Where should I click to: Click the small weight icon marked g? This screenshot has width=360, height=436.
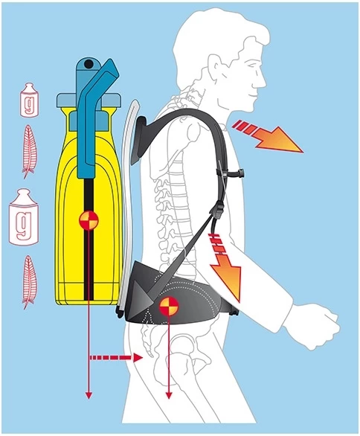point(29,99)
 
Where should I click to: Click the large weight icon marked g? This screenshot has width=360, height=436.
point(24,217)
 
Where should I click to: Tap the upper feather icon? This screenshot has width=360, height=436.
point(29,151)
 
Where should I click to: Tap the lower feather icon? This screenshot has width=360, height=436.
point(29,282)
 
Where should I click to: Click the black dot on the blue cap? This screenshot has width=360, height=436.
point(89,64)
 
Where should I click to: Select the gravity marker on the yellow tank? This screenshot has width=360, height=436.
point(89,221)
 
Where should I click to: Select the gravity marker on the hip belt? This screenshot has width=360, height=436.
point(169,306)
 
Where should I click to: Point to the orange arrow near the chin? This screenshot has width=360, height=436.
point(269,136)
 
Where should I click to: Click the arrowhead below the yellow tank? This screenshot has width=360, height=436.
point(89,395)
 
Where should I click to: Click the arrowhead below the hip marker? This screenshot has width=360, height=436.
point(169,395)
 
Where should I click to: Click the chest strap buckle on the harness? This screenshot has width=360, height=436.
point(235,173)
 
